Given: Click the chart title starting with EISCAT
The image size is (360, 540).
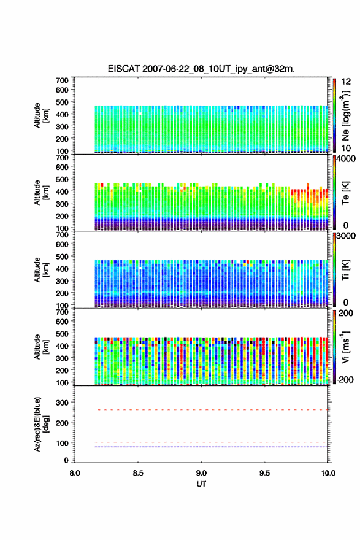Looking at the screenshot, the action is pyautogui.click(x=201, y=69).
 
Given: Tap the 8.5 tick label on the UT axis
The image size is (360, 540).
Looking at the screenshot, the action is pyautogui.click(x=138, y=473).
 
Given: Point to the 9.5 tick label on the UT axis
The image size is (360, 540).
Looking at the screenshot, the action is pyautogui.click(x=264, y=473).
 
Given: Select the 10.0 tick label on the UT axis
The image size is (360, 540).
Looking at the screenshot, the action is pyautogui.click(x=328, y=473).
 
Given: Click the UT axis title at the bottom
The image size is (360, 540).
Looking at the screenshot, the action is pyautogui.click(x=201, y=484).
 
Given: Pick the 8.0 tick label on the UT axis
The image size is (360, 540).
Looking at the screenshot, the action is pyautogui.click(x=75, y=473).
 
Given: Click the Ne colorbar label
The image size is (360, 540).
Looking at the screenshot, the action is pyautogui.click(x=345, y=115).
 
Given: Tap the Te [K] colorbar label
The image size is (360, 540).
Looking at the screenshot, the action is pyautogui.click(x=345, y=193).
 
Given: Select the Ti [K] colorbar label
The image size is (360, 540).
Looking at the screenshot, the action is pyautogui.click(x=345, y=269).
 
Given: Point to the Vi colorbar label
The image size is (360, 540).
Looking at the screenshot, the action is pyautogui.click(x=345, y=347).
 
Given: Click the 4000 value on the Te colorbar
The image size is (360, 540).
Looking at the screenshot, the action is pyautogui.click(x=346, y=159).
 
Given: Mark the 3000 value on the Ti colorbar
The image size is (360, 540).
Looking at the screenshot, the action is pyautogui.click(x=346, y=236).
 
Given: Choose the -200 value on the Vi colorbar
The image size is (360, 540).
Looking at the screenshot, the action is pyautogui.click(x=344, y=379).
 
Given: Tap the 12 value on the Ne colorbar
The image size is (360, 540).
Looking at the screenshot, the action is pyautogui.click(x=347, y=82).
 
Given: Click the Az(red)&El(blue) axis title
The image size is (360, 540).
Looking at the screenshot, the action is pyautogui.click(x=42, y=424).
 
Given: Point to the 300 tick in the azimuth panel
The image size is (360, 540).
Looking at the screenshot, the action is pyautogui.click(x=63, y=403).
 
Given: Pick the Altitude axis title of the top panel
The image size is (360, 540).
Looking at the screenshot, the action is pyautogui.click(x=42, y=115).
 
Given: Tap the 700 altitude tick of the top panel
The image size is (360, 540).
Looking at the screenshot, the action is pyautogui.click(x=63, y=80).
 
